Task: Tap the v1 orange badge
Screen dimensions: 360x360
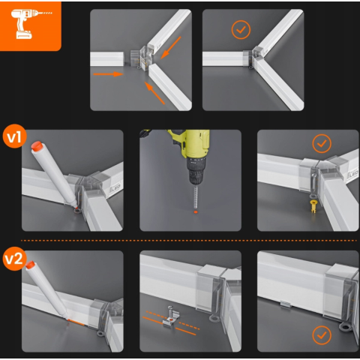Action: (14, 136)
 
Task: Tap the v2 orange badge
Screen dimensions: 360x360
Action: (14, 259)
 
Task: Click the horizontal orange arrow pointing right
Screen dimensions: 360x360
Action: (108, 74)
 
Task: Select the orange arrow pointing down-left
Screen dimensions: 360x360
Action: (171, 48)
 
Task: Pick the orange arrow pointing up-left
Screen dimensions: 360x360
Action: (154, 93)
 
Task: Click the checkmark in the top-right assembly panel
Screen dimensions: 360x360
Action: (241, 30)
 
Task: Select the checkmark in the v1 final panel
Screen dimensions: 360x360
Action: (322, 143)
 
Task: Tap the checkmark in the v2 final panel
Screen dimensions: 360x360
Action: (322, 335)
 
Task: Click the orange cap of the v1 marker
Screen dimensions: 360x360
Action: (37, 146)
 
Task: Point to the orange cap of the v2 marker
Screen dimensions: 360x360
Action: (30, 265)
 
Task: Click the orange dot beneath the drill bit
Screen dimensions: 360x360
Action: (196, 212)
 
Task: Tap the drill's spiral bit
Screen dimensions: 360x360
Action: (196, 197)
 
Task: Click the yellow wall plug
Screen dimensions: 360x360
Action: (313, 206)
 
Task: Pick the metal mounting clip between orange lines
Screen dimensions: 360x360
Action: (171, 317)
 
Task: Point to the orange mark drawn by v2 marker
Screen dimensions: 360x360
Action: (76, 322)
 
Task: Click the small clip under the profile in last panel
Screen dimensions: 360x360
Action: (286, 304)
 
